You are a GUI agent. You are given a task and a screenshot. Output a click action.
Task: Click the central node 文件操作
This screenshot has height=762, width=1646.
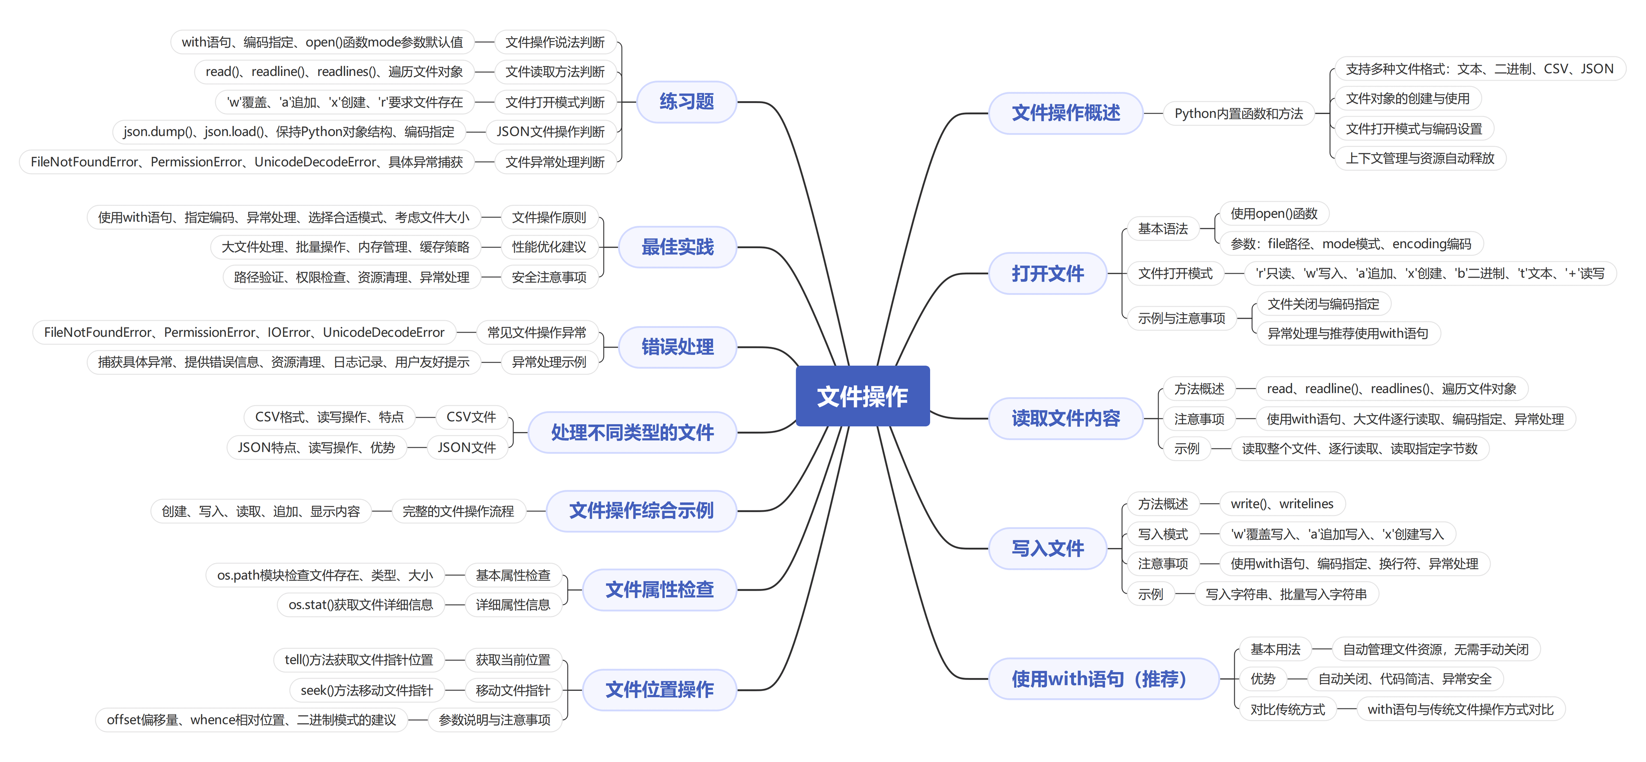862,396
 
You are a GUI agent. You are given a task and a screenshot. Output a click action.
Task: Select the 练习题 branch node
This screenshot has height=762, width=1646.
686,102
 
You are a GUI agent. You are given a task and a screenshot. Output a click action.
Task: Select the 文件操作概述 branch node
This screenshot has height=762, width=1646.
1065,113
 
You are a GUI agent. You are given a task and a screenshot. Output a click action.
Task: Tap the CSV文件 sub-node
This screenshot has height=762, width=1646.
471,417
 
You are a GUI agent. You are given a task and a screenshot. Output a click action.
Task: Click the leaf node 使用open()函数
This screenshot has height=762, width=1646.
1274,213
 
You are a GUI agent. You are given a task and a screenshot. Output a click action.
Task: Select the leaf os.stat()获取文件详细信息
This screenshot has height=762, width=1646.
360,604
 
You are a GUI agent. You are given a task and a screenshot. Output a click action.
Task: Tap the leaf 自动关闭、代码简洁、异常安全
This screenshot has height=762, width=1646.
1405,679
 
